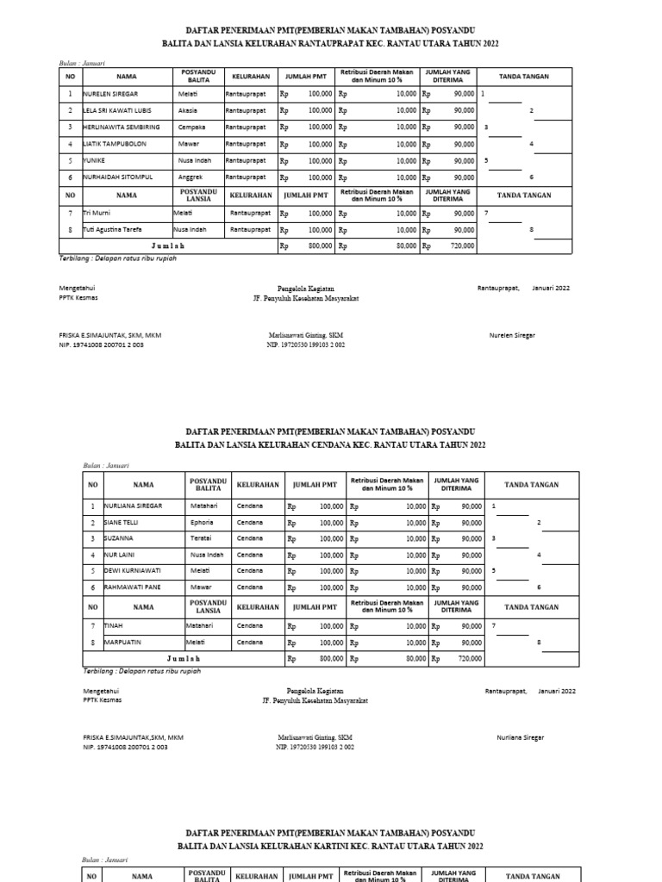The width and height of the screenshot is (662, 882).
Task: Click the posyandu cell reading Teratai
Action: pos(200,538)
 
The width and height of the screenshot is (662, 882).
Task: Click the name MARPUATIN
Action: pos(123,642)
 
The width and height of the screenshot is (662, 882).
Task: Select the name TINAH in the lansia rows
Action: pos(113,625)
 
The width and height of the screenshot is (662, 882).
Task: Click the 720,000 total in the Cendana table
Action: pos(470,658)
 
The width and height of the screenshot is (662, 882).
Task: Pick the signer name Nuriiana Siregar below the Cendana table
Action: pos(520,737)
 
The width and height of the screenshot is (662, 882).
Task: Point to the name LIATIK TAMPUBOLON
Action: pos(116,144)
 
